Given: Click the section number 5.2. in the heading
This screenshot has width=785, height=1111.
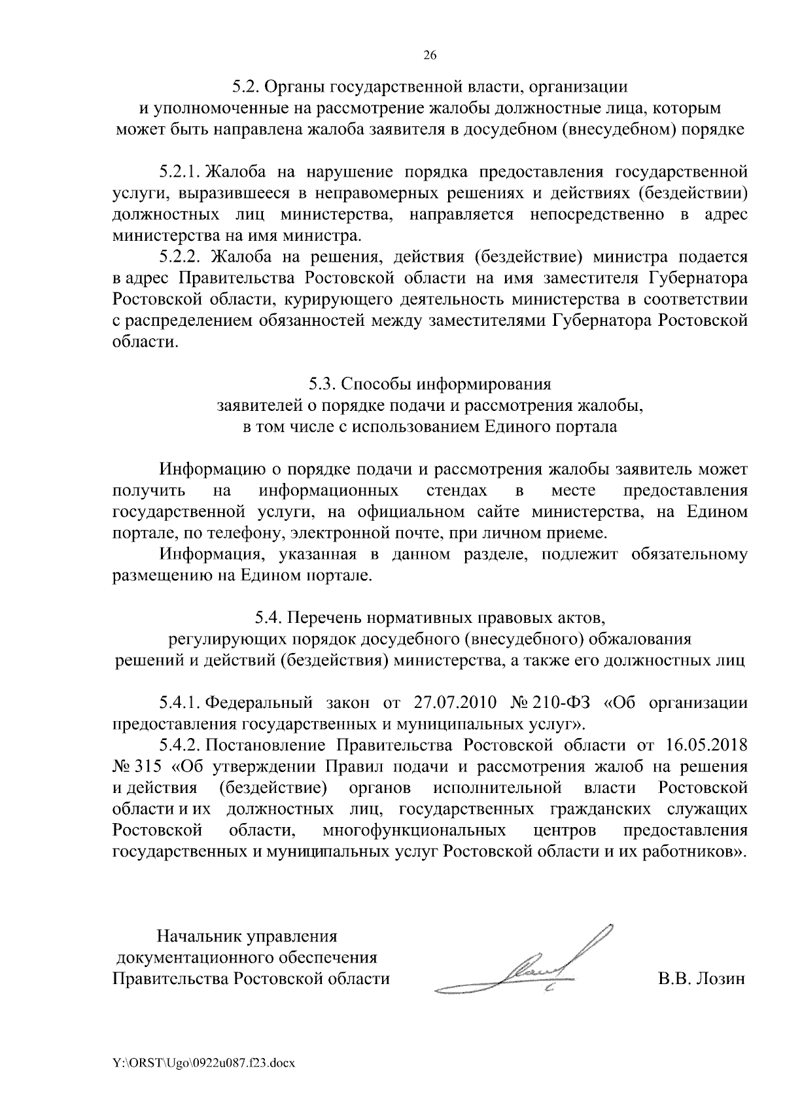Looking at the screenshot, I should (x=247, y=86).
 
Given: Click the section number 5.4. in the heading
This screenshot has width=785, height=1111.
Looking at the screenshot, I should (x=269, y=617).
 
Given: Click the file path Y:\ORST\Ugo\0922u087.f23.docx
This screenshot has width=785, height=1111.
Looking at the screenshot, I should (x=204, y=1063).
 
